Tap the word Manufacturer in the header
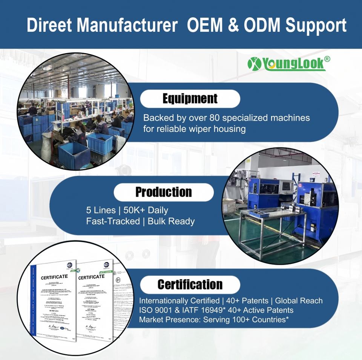127,26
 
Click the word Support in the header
316,26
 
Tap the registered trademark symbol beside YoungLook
327,59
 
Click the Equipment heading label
190,99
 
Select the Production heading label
164,192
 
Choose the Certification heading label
190,284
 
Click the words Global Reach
299,301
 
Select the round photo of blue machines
279,206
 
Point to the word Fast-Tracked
113,221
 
